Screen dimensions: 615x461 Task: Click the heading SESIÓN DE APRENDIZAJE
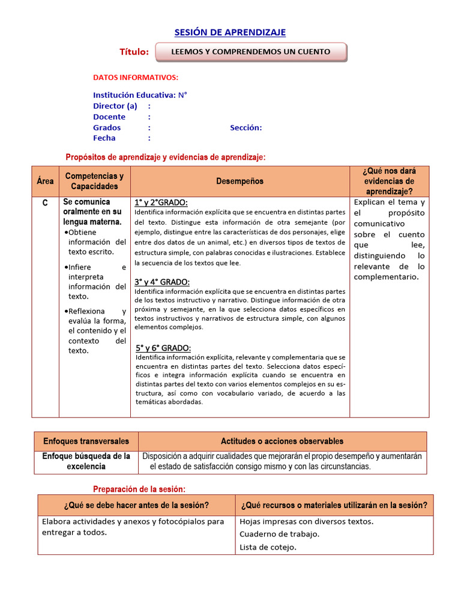point(230,32)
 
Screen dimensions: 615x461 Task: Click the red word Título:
point(134,52)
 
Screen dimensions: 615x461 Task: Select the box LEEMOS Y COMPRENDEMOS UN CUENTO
point(251,52)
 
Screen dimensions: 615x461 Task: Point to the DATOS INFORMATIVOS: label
point(136,77)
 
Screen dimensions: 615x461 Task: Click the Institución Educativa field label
point(134,95)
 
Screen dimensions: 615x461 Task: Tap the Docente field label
point(109,117)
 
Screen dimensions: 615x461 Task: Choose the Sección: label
point(246,127)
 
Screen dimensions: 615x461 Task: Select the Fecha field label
point(104,138)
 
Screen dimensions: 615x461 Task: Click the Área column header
point(45,181)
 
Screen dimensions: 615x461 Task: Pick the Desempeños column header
point(240,181)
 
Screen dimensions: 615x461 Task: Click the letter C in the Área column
point(45,204)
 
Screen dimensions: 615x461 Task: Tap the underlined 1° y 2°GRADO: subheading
point(161,202)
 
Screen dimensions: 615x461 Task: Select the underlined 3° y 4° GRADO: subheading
point(162,282)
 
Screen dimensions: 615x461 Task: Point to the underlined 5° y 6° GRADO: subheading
point(163,348)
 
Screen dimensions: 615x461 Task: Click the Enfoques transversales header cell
point(86,441)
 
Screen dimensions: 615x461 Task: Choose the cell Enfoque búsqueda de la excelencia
point(86,461)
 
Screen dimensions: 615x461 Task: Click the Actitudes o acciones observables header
point(282,441)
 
